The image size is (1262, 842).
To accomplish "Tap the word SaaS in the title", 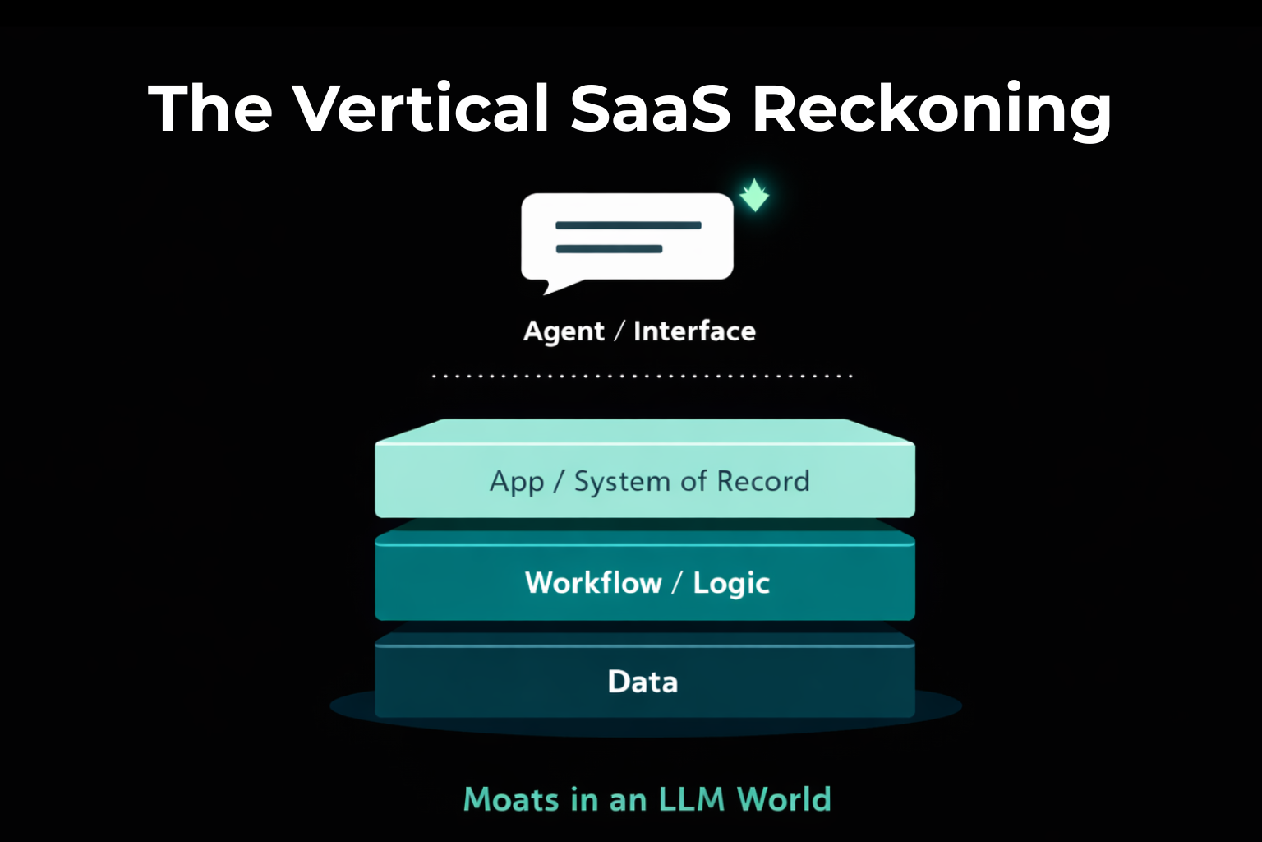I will (650, 108).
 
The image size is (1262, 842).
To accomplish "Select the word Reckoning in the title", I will (932, 109).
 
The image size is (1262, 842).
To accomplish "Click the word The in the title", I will (210, 108).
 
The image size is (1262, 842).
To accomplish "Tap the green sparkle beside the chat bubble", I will (753, 196).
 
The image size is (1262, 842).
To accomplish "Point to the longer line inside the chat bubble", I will (629, 225).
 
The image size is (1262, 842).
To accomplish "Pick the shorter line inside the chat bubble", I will (609, 249).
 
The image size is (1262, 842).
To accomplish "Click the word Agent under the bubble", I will (564, 331).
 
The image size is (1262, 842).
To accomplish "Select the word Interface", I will (694, 331).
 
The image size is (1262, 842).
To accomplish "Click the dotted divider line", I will (642, 377).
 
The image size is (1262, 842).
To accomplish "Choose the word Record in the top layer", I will (763, 481).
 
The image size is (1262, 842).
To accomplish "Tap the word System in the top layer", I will (622, 482).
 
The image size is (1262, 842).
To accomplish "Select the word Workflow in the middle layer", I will (593, 583).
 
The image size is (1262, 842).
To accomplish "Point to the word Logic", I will (731, 584).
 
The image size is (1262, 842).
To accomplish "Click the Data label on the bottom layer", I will (643, 682).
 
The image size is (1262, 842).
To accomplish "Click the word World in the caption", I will (784, 799).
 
